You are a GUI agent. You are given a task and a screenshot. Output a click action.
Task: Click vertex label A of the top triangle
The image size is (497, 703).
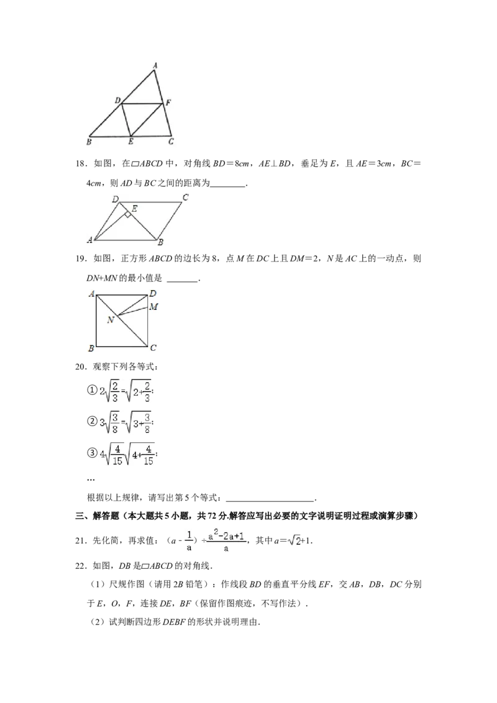155,65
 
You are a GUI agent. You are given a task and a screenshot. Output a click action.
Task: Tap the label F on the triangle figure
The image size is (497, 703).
168,102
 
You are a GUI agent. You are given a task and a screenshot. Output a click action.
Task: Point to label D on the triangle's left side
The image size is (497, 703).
117,101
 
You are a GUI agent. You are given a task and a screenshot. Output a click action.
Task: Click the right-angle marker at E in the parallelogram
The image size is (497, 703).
127,215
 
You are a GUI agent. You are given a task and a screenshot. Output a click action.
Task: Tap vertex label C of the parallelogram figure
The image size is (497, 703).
185,197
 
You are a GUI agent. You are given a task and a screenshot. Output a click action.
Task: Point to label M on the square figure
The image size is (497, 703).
153,307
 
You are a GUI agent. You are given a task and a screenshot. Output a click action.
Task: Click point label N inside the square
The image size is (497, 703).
111,320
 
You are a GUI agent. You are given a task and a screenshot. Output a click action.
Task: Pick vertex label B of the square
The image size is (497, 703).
91,348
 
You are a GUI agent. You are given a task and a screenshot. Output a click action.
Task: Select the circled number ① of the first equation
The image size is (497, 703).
91,390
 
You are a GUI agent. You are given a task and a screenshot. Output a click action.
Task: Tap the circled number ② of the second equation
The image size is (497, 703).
91,422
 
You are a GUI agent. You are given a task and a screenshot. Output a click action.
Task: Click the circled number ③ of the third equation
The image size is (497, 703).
91,453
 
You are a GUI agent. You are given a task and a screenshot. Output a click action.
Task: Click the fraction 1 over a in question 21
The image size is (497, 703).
189,541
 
